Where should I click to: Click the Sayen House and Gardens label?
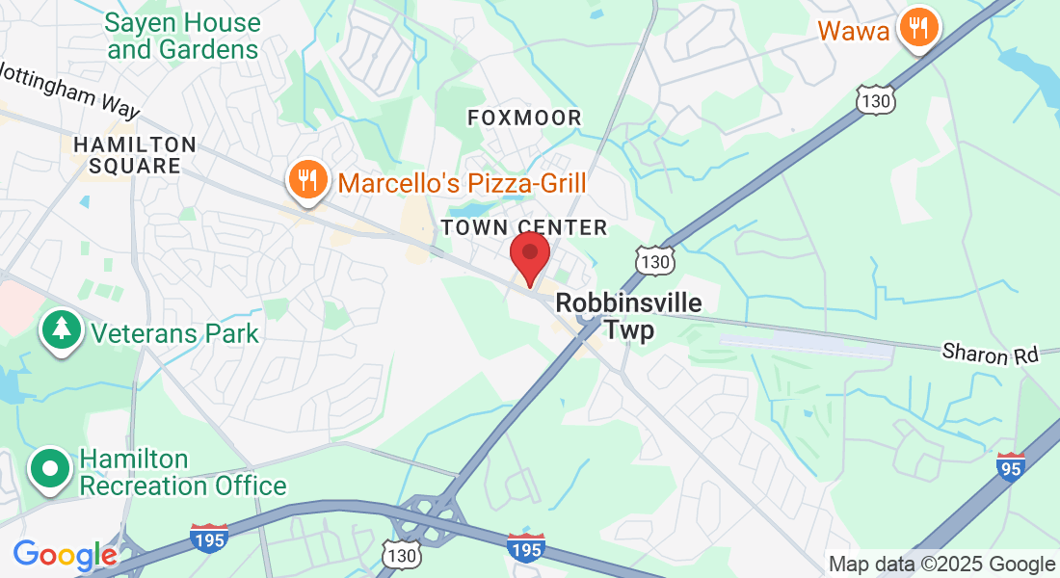(183, 36)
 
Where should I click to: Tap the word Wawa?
(854, 30)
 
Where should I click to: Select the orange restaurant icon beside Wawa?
(919, 28)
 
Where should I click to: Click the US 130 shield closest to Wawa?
(874, 99)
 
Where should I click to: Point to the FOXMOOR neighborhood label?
(524, 118)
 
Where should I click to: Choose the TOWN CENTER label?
(524, 227)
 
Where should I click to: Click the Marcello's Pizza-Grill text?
(462, 181)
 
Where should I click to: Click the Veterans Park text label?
(175, 333)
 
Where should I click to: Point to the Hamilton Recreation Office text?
(183, 472)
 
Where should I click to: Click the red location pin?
(529, 256)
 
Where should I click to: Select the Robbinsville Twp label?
(628, 316)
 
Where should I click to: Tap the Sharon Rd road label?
(990, 354)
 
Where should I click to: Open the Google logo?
(65, 555)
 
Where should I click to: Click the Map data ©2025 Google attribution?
(941, 565)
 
